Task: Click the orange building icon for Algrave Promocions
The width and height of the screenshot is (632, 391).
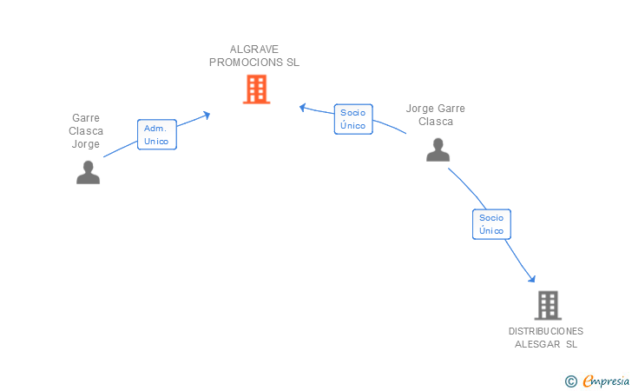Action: coord(256,89)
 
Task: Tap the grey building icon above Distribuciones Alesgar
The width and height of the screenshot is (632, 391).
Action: coord(548,305)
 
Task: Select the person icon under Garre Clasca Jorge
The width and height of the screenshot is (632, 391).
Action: coord(89,172)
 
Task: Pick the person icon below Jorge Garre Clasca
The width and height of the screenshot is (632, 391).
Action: coord(438,149)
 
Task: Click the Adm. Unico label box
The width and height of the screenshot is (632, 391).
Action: coord(157,135)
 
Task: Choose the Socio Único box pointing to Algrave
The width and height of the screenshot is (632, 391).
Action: coord(353,119)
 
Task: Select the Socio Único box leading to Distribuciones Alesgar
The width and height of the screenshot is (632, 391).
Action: coord(491,224)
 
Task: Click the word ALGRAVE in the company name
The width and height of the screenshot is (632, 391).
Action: coord(253,50)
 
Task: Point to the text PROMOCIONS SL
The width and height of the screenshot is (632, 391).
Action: coord(253,63)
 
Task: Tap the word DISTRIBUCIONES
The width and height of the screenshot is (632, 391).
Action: coord(546,331)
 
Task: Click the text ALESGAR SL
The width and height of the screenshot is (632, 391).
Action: coord(546,344)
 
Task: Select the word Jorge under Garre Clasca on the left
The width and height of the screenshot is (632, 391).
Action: coord(85,144)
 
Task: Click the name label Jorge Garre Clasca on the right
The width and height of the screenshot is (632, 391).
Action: coord(435,115)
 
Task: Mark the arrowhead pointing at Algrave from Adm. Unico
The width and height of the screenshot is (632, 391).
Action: coord(207,116)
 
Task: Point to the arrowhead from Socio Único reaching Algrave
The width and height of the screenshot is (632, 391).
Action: coord(303,108)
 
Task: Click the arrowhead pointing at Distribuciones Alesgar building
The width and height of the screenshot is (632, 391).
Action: coord(532,278)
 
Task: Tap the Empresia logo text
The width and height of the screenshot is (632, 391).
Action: coord(606,381)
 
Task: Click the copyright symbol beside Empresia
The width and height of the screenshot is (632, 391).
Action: coord(571,381)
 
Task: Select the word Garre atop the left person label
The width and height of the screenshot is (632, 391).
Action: coord(86,118)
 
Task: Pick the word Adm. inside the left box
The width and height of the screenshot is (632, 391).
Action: coord(155,129)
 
